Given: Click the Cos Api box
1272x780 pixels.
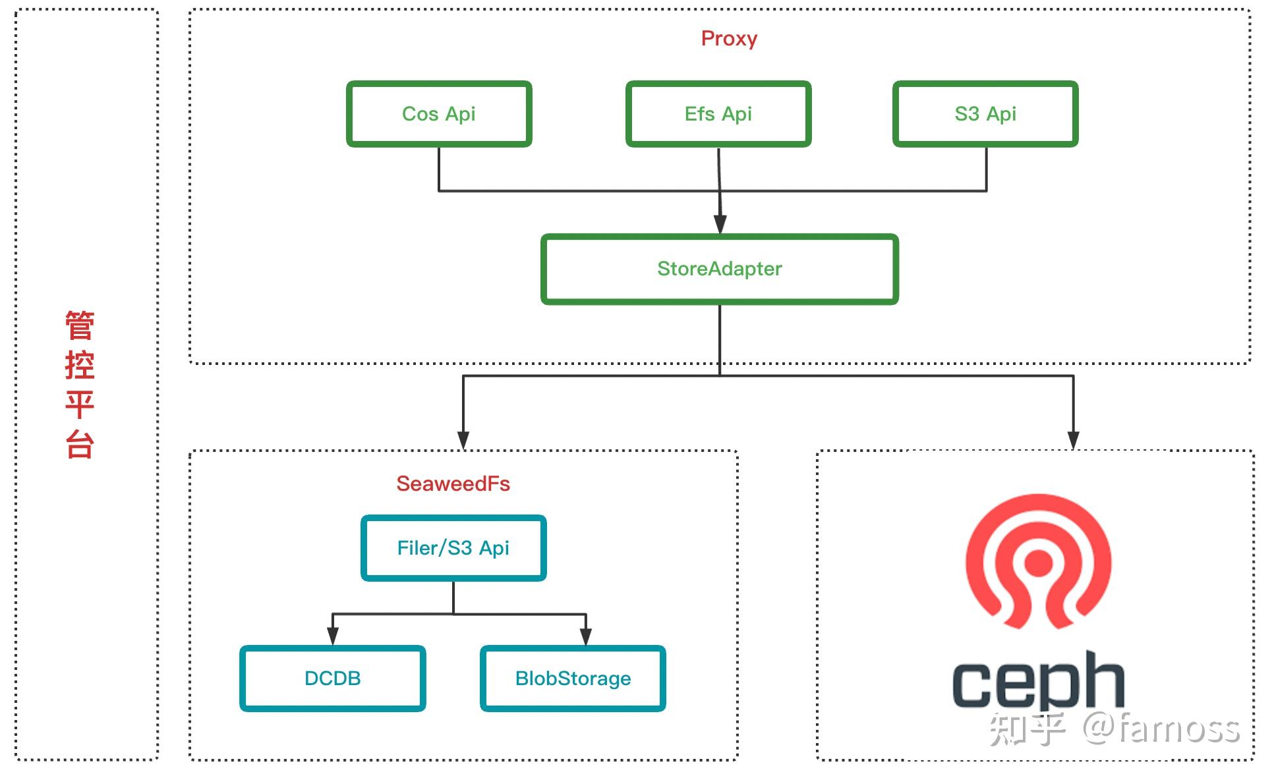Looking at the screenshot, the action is [439, 114].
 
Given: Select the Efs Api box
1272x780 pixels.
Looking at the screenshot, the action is [718, 114].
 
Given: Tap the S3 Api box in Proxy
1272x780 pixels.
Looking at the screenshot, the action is [985, 114].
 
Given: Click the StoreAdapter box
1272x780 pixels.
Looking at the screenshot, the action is [720, 269].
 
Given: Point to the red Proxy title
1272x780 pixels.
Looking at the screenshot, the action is [729, 39].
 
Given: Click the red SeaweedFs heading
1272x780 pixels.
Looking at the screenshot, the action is [453, 484].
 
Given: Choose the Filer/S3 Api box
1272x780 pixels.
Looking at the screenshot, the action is [453, 548].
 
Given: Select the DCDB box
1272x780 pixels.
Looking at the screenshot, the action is [333, 679].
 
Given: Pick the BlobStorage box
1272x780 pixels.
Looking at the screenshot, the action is [573, 679].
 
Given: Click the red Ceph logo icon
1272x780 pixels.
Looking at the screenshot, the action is [1039, 561].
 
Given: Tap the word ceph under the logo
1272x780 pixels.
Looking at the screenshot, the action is [1038, 681].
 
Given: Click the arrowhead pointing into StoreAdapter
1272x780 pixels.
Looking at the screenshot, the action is [720, 224].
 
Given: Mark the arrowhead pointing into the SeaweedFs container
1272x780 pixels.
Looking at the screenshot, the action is [463, 440].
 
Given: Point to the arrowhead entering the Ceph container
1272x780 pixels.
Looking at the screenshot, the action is [1074, 440].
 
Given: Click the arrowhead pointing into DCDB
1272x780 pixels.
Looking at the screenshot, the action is [333, 636].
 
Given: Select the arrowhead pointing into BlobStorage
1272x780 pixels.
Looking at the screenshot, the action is [586, 636].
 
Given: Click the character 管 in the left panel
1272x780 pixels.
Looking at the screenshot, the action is [80, 325].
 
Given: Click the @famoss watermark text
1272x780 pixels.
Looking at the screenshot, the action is [1162, 729].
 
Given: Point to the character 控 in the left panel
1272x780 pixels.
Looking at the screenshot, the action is [80, 364].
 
